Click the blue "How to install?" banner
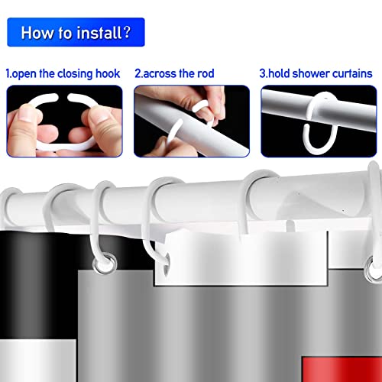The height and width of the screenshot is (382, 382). pos(76,32)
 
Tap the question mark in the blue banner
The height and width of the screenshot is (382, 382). pos(127,32)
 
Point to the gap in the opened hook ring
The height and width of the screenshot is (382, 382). pos(63,96)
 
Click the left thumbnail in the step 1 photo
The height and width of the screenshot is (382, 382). pos(28,115)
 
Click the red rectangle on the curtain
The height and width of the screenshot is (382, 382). pos(342,369)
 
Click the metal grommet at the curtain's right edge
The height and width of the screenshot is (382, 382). pos(373,270)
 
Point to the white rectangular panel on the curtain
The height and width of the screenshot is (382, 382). pos(241,257)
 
